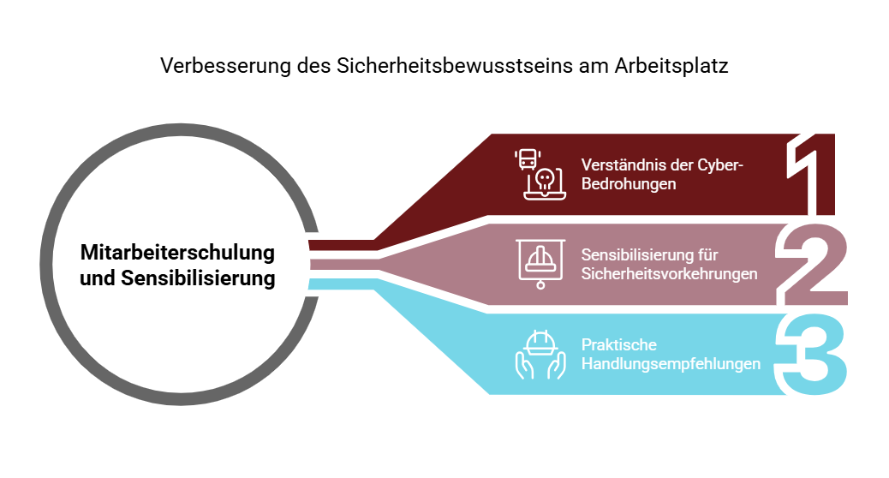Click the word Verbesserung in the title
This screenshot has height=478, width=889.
click(225, 66)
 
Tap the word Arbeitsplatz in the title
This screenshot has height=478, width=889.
click(671, 66)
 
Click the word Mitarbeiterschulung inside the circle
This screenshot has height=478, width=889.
click(177, 253)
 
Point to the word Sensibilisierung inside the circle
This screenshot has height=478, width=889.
click(198, 278)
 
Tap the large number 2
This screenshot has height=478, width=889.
click(812, 264)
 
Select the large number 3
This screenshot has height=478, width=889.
click(811, 354)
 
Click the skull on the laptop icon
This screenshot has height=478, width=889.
click(545, 180)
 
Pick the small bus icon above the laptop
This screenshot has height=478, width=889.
click(528, 159)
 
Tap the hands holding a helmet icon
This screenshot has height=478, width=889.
click(540, 355)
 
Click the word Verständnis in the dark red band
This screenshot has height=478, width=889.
click(617, 165)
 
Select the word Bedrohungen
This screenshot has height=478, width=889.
click(629, 184)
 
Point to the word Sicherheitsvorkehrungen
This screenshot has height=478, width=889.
click(670, 274)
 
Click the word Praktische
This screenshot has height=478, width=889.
click(619, 344)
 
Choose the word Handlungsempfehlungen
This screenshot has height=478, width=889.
click(671, 364)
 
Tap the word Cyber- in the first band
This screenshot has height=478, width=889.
click(720, 165)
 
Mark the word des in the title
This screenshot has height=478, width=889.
click(313, 66)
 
